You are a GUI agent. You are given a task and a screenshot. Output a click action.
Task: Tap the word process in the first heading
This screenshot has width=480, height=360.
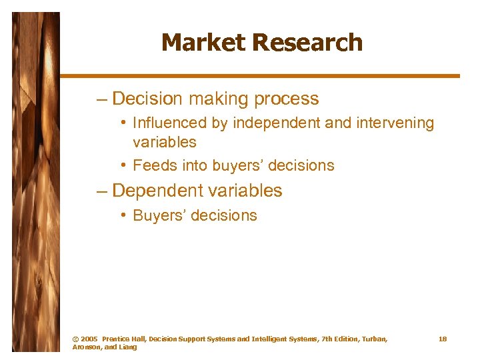pyautogui.click(x=288, y=99)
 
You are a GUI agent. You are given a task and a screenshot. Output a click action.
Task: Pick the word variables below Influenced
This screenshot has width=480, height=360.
pyautogui.click(x=165, y=142)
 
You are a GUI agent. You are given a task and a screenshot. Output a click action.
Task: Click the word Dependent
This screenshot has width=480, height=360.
pyautogui.click(x=157, y=191)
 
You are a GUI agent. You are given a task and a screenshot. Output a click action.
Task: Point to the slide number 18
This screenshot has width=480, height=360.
pyautogui.click(x=443, y=339)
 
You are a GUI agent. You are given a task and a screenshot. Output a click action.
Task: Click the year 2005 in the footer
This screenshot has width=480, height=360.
pyautogui.click(x=89, y=339)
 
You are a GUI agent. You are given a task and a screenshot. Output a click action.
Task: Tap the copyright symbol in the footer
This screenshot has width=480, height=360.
pyautogui.click(x=75, y=339)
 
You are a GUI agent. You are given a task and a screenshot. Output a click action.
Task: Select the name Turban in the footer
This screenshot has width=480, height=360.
pyautogui.click(x=372, y=339)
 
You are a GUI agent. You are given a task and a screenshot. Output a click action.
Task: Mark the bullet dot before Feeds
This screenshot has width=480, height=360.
pyautogui.click(x=125, y=165)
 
